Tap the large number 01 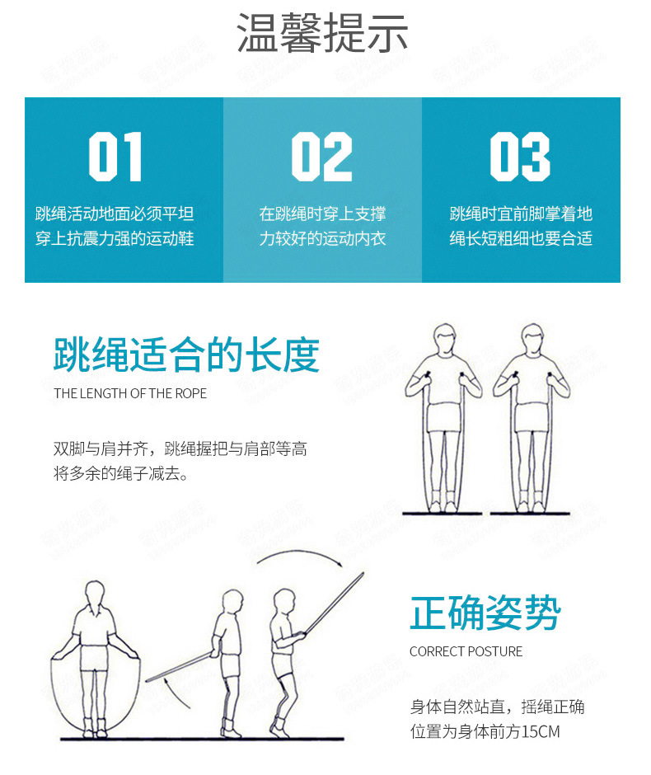(115, 157)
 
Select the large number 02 (321, 157)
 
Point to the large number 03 (520, 157)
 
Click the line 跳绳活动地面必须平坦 (115, 214)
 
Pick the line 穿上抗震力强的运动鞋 (115, 239)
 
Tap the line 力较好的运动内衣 (322, 239)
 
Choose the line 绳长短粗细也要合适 (521, 239)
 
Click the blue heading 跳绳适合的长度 (186, 355)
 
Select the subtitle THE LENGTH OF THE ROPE (130, 393)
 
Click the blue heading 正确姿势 (485, 613)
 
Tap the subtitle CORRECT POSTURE (466, 651)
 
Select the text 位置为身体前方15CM (485, 731)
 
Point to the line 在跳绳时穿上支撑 (322, 214)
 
